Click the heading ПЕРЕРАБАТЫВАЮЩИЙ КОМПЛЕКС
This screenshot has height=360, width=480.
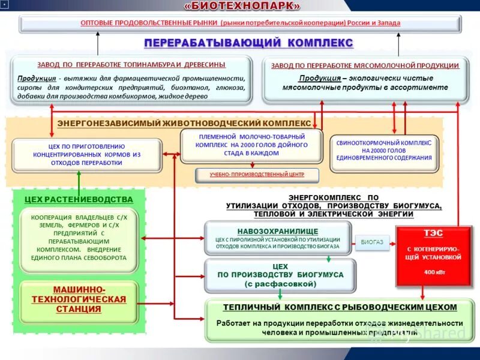tap(248, 43)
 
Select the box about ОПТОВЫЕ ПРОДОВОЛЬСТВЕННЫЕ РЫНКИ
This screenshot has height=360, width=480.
tap(240, 23)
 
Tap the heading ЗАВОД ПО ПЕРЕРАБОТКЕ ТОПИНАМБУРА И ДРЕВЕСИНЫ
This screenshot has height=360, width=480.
tap(131, 64)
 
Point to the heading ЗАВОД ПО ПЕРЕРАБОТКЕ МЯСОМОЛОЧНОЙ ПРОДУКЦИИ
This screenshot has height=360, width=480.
tap(365, 65)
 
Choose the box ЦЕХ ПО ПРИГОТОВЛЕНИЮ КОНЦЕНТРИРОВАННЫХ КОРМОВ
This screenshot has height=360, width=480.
tap(86, 155)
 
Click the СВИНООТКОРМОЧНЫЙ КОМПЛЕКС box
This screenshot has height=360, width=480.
tap(384, 150)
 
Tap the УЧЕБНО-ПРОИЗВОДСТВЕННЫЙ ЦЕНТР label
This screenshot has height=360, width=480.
tap(257, 175)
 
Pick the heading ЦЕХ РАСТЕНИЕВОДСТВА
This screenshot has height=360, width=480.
tap(79, 199)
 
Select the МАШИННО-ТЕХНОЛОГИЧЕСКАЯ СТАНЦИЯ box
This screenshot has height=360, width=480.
tap(79, 299)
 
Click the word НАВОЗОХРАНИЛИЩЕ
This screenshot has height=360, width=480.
tap(277, 230)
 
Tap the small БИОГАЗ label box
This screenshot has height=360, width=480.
tap(372, 242)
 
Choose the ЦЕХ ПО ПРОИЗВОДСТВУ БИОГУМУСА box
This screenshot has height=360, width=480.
tap(280, 274)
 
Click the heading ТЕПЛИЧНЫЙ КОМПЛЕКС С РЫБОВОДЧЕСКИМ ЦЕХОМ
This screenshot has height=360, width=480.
tap(340, 307)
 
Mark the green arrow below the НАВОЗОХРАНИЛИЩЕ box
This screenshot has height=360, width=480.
tap(329, 259)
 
